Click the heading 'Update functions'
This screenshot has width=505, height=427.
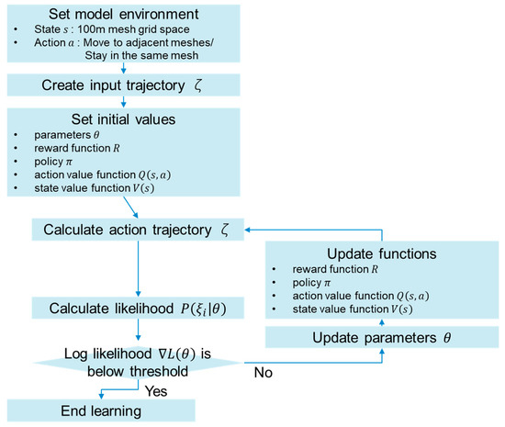coord(381,251)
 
